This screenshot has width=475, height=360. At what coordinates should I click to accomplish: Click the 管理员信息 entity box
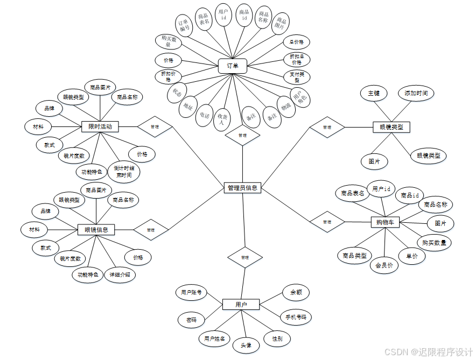click(242, 188)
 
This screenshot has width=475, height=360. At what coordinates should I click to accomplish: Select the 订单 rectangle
click(233, 66)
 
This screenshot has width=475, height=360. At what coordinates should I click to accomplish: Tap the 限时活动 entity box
click(100, 126)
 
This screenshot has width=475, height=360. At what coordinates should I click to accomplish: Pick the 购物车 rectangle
click(386, 222)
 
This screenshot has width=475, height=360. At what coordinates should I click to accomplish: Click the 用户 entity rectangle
click(241, 305)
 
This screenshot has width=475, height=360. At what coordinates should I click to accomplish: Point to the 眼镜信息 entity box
click(96, 230)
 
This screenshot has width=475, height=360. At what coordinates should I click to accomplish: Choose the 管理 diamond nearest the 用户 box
click(245, 257)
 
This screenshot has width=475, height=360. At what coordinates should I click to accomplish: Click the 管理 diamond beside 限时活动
click(155, 126)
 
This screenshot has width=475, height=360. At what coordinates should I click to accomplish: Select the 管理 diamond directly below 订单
click(242, 135)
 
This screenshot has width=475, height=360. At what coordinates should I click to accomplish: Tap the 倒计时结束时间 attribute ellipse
click(124, 171)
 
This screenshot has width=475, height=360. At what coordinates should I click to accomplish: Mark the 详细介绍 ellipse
click(120, 274)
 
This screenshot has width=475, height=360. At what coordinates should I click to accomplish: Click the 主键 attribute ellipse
click(374, 93)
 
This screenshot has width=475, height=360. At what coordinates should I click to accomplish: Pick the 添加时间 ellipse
click(416, 93)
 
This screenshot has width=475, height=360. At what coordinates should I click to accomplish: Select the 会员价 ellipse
click(384, 265)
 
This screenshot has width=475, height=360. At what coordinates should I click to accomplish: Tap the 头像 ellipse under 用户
click(246, 345)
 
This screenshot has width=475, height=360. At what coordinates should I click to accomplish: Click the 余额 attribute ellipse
click(296, 292)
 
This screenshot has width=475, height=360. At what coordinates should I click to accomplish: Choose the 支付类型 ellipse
click(296, 76)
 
